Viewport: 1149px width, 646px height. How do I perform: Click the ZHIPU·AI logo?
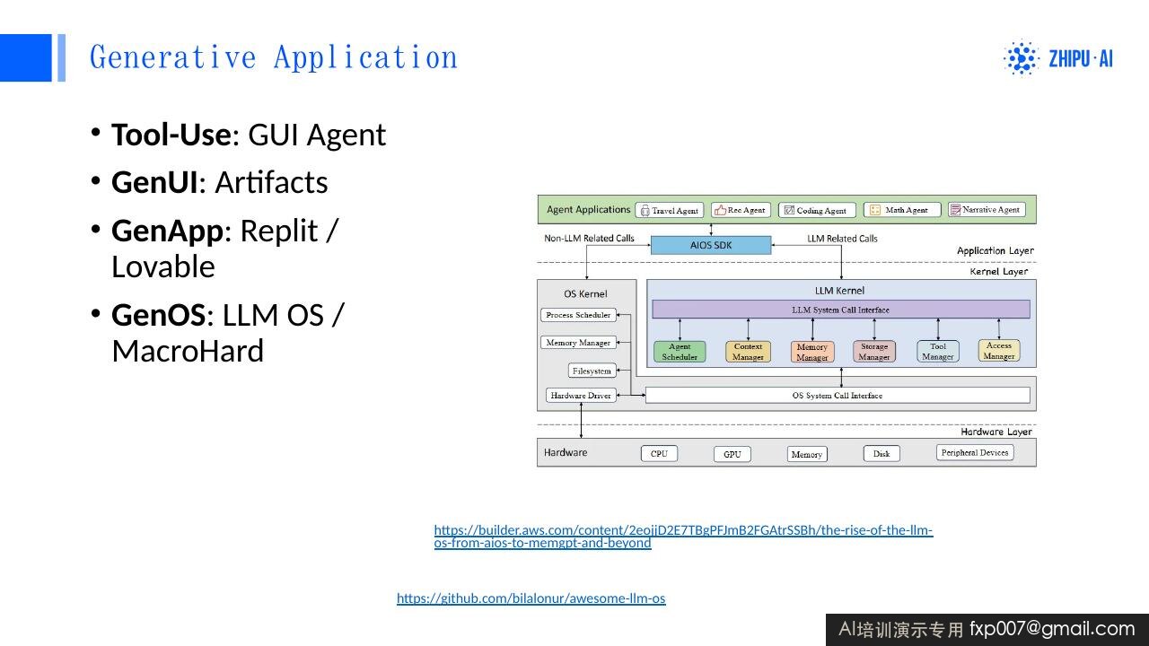click(1058, 58)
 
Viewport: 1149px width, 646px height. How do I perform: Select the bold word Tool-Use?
click(171, 135)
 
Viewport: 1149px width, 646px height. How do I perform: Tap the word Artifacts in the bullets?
click(271, 182)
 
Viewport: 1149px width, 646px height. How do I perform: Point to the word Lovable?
click(163, 266)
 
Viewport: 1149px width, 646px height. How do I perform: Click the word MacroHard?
click(188, 351)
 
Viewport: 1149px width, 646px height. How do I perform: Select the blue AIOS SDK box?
click(711, 245)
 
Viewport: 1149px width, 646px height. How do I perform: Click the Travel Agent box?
click(670, 210)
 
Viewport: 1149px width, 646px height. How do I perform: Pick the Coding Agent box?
click(817, 210)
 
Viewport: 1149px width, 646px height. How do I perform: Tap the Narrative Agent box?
click(987, 210)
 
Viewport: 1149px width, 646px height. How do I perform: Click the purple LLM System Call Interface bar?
click(841, 310)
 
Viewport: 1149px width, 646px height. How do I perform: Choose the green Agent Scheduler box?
click(680, 352)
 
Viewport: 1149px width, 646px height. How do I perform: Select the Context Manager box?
click(748, 352)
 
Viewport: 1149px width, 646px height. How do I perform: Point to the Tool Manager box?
click(938, 352)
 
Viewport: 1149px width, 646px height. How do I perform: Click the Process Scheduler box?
click(578, 315)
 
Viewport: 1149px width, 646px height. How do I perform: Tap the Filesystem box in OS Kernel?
click(592, 371)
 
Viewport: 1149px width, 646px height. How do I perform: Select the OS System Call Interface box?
click(838, 396)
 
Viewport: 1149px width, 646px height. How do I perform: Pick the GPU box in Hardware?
click(732, 454)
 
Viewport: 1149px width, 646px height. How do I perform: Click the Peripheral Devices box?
click(975, 453)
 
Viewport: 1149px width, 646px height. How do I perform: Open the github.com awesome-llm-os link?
click(531, 598)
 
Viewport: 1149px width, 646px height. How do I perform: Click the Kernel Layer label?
click(999, 271)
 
